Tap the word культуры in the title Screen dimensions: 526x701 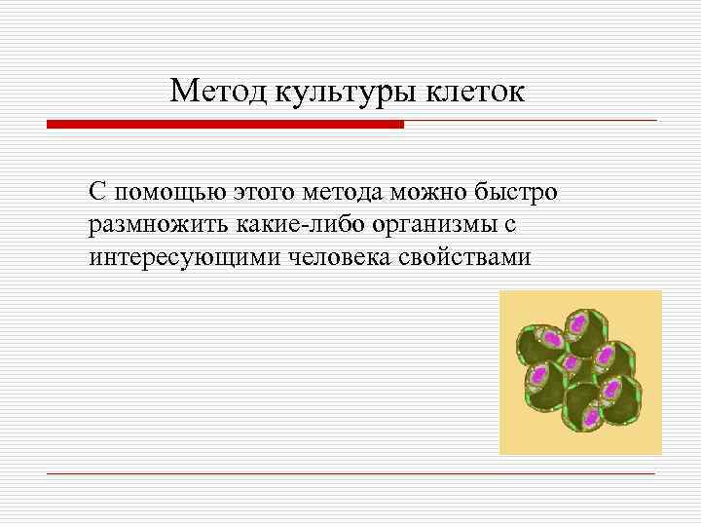click(x=346, y=93)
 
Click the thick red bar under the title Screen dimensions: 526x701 click(x=225, y=125)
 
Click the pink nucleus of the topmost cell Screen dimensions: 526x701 click(x=576, y=320)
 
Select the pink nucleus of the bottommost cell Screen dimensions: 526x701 click(x=590, y=418)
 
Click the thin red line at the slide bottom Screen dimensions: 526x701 click(x=350, y=474)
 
